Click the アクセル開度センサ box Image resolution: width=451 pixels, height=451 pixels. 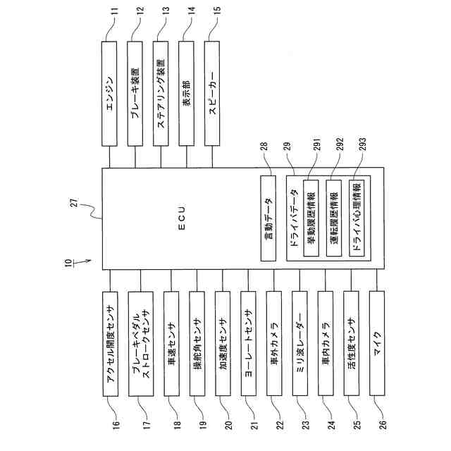click(109, 343)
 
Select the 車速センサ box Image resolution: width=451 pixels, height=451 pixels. click(173, 343)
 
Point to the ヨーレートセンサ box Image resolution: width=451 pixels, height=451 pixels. click(249, 343)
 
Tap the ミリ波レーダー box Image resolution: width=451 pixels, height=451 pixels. click(300, 343)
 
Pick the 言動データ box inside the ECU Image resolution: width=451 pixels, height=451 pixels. click(268, 218)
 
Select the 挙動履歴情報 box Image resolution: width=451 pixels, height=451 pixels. click(311, 218)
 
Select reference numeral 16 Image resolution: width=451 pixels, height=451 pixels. click(117, 425)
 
